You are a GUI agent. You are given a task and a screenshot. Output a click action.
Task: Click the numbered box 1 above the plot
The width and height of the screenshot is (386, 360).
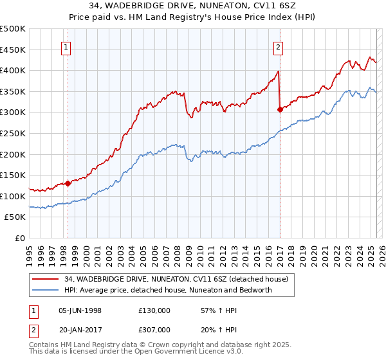(67, 46)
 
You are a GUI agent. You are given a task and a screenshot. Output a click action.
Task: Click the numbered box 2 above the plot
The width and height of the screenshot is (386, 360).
(278, 46)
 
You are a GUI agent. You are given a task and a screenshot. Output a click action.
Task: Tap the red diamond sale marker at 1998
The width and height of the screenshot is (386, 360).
(68, 183)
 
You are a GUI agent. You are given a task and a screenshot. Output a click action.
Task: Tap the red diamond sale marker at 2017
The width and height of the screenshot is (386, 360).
(280, 109)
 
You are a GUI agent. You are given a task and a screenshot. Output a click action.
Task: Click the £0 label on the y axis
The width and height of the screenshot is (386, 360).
(20, 238)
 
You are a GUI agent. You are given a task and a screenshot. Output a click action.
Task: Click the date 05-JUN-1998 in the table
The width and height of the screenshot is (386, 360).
(80, 310)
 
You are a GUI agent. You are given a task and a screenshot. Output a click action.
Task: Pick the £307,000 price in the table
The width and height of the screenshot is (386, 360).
(154, 328)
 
